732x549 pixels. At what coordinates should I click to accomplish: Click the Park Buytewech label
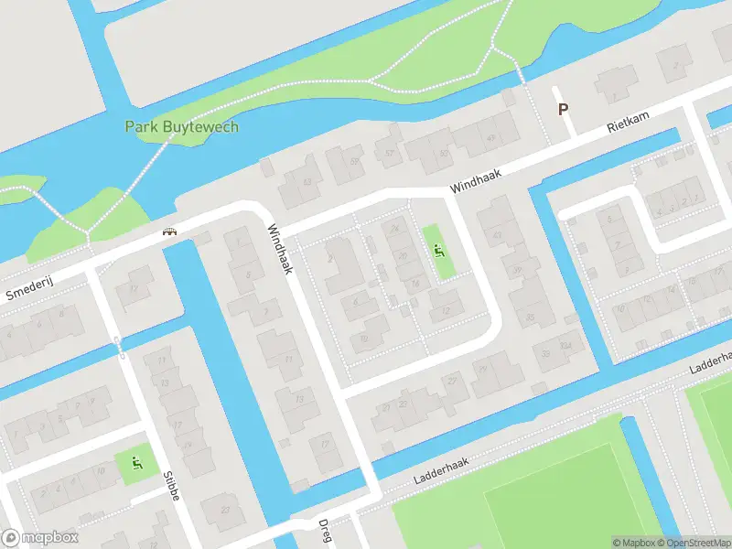181,127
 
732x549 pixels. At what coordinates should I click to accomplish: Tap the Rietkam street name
628,125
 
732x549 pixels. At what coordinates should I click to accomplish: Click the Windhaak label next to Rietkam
476,178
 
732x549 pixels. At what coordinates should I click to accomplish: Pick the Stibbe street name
171,486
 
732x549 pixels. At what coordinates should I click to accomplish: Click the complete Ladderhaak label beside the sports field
440,470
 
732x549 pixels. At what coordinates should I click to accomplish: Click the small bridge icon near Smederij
169,231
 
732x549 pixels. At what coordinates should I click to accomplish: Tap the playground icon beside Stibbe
137,463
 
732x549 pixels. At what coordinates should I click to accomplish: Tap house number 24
394,229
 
